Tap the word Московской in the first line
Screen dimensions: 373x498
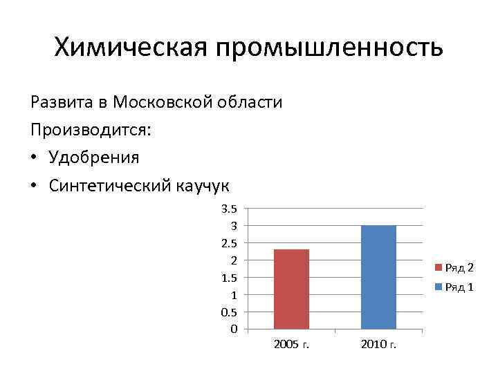[167, 102]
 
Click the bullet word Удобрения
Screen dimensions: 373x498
[94, 157]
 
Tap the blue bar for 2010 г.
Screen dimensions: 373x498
[378, 277]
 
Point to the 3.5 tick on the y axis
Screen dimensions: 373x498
[229, 209]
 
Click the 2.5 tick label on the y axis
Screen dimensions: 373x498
[229, 243]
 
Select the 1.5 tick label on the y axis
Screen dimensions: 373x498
[229, 278]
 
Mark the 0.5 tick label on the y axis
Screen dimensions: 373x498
[229, 312]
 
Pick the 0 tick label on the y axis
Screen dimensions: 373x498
[234, 329]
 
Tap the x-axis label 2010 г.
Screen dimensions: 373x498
[378, 343]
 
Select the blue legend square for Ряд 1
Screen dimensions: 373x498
[437, 287]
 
